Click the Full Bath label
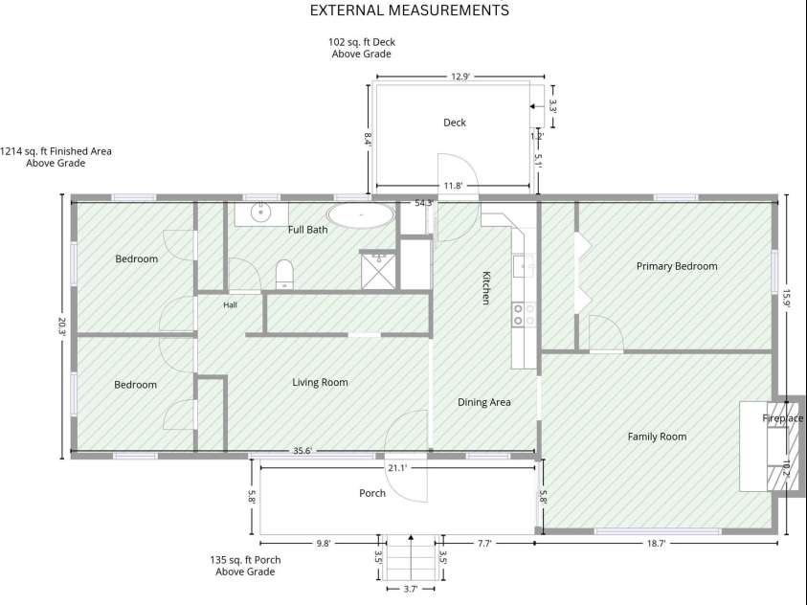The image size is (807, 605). [308, 230]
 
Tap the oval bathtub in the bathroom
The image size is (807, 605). [361, 215]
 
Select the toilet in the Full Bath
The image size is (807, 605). [284, 274]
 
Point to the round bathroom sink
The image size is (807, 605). [261, 212]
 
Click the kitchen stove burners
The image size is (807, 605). [524, 315]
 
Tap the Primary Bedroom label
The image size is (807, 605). [677, 266]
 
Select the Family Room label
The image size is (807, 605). [658, 437]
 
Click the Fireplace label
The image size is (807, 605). [783, 418]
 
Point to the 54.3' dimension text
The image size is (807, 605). [423, 203]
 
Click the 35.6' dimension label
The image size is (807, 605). [303, 451]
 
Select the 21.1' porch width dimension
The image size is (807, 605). [397, 468]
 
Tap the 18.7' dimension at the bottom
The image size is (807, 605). [656, 543]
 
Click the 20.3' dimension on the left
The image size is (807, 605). [62, 325]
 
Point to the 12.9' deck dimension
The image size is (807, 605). [460, 77]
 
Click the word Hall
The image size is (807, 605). [230, 305]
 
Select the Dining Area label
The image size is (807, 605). [484, 402]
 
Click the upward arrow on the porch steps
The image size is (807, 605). [411, 558]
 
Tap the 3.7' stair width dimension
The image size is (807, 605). [410, 589]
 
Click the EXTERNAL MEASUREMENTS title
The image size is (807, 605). [410, 10]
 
